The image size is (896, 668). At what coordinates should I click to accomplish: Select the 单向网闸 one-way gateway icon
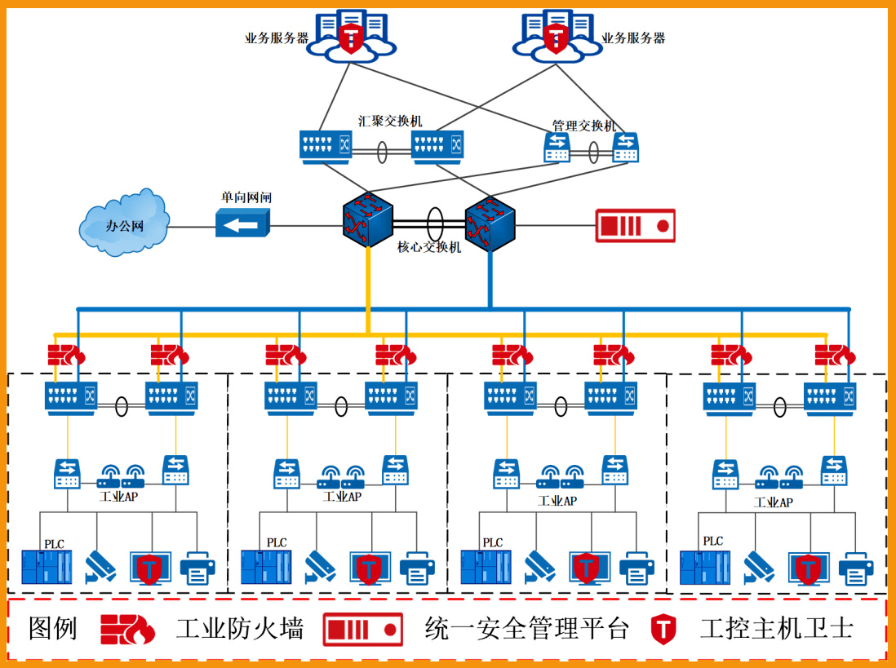(242, 223)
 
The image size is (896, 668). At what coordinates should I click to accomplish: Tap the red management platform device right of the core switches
(635, 225)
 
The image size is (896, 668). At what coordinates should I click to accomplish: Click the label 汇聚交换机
(390, 121)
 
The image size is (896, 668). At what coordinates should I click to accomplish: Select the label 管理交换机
(584, 126)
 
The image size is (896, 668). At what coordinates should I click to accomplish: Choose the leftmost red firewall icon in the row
(66, 355)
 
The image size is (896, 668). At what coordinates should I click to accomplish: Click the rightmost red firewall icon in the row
(835, 355)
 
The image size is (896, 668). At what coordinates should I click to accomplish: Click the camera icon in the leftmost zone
(102, 564)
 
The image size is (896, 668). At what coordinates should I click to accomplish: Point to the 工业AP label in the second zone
(341, 497)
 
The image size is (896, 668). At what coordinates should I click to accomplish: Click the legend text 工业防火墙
(240, 629)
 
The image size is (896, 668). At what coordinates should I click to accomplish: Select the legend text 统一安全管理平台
(526, 629)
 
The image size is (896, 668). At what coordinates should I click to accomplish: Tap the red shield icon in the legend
(663, 629)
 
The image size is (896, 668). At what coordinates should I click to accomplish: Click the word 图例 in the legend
(53, 629)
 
